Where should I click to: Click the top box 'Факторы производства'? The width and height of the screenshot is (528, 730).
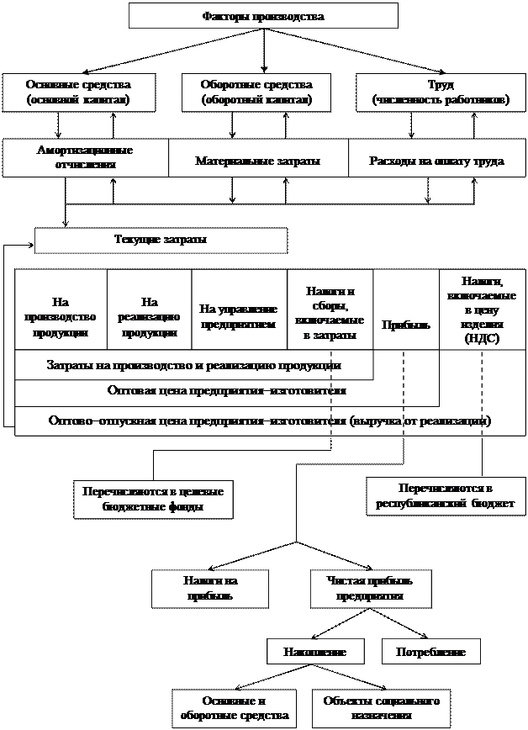263,16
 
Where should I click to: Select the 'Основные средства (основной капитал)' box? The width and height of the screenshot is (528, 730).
78,93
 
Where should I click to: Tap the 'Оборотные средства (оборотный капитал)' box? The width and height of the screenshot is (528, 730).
256,93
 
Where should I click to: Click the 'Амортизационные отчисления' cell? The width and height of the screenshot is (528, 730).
85,157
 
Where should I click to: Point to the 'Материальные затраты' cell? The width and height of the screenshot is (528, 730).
258,160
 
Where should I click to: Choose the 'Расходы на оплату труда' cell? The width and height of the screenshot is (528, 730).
436,160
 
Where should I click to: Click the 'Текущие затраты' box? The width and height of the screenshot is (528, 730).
161,241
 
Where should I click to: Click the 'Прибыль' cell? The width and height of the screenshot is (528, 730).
405,325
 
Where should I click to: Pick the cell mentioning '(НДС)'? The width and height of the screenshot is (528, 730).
483,309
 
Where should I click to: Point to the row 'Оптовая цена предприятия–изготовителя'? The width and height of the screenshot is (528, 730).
227,391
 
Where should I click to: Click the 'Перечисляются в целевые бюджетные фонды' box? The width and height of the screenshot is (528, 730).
154,500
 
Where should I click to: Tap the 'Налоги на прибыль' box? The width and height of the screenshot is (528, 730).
209,589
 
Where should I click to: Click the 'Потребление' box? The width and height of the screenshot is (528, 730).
431,652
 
